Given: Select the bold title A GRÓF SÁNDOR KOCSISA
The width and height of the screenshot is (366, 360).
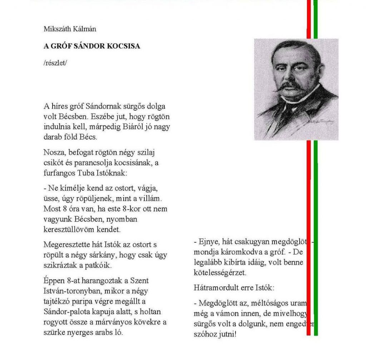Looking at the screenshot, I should (x=91, y=47).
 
